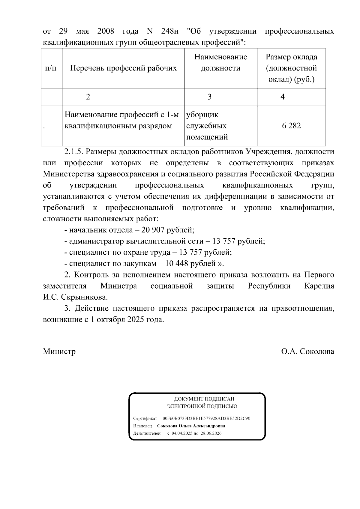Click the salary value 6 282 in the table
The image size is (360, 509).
[291, 126]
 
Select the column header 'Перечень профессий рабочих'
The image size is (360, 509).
[123, 68]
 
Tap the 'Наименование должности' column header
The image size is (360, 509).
[220, 62]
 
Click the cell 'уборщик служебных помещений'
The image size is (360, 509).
[207, 126]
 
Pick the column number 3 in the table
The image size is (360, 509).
[209, 97]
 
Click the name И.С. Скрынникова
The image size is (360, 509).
[75, 297]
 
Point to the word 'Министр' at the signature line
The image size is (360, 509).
[59, 351]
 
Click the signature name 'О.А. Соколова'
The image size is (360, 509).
[307, 351]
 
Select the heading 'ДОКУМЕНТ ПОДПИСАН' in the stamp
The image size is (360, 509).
[204, 399]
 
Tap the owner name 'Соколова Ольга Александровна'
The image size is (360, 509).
[191, 426]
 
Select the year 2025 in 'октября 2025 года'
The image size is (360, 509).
[136, 319]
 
